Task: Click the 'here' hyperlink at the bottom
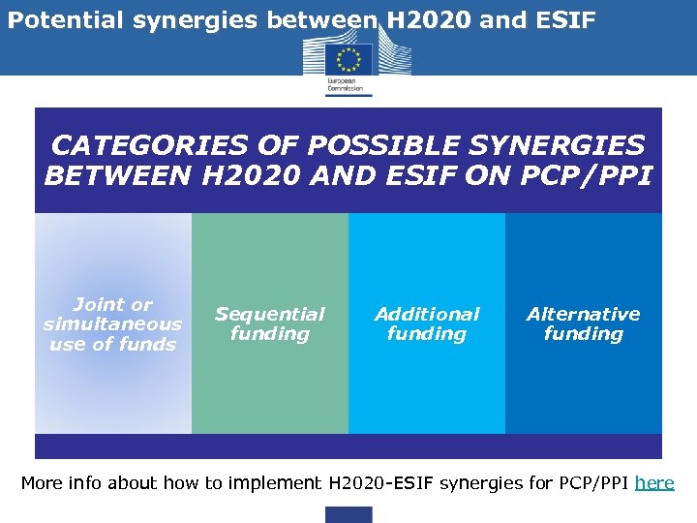tap(654, 482)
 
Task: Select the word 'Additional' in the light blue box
tap(427, 314)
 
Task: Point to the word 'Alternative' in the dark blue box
tap(583, 314)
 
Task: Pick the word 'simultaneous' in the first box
tap(112, 324)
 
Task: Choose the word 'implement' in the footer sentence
tap(277, 482)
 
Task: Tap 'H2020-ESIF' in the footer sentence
tap(381, 482)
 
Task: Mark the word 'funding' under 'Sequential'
tap(269, 334)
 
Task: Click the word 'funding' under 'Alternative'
tap(583, 334)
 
